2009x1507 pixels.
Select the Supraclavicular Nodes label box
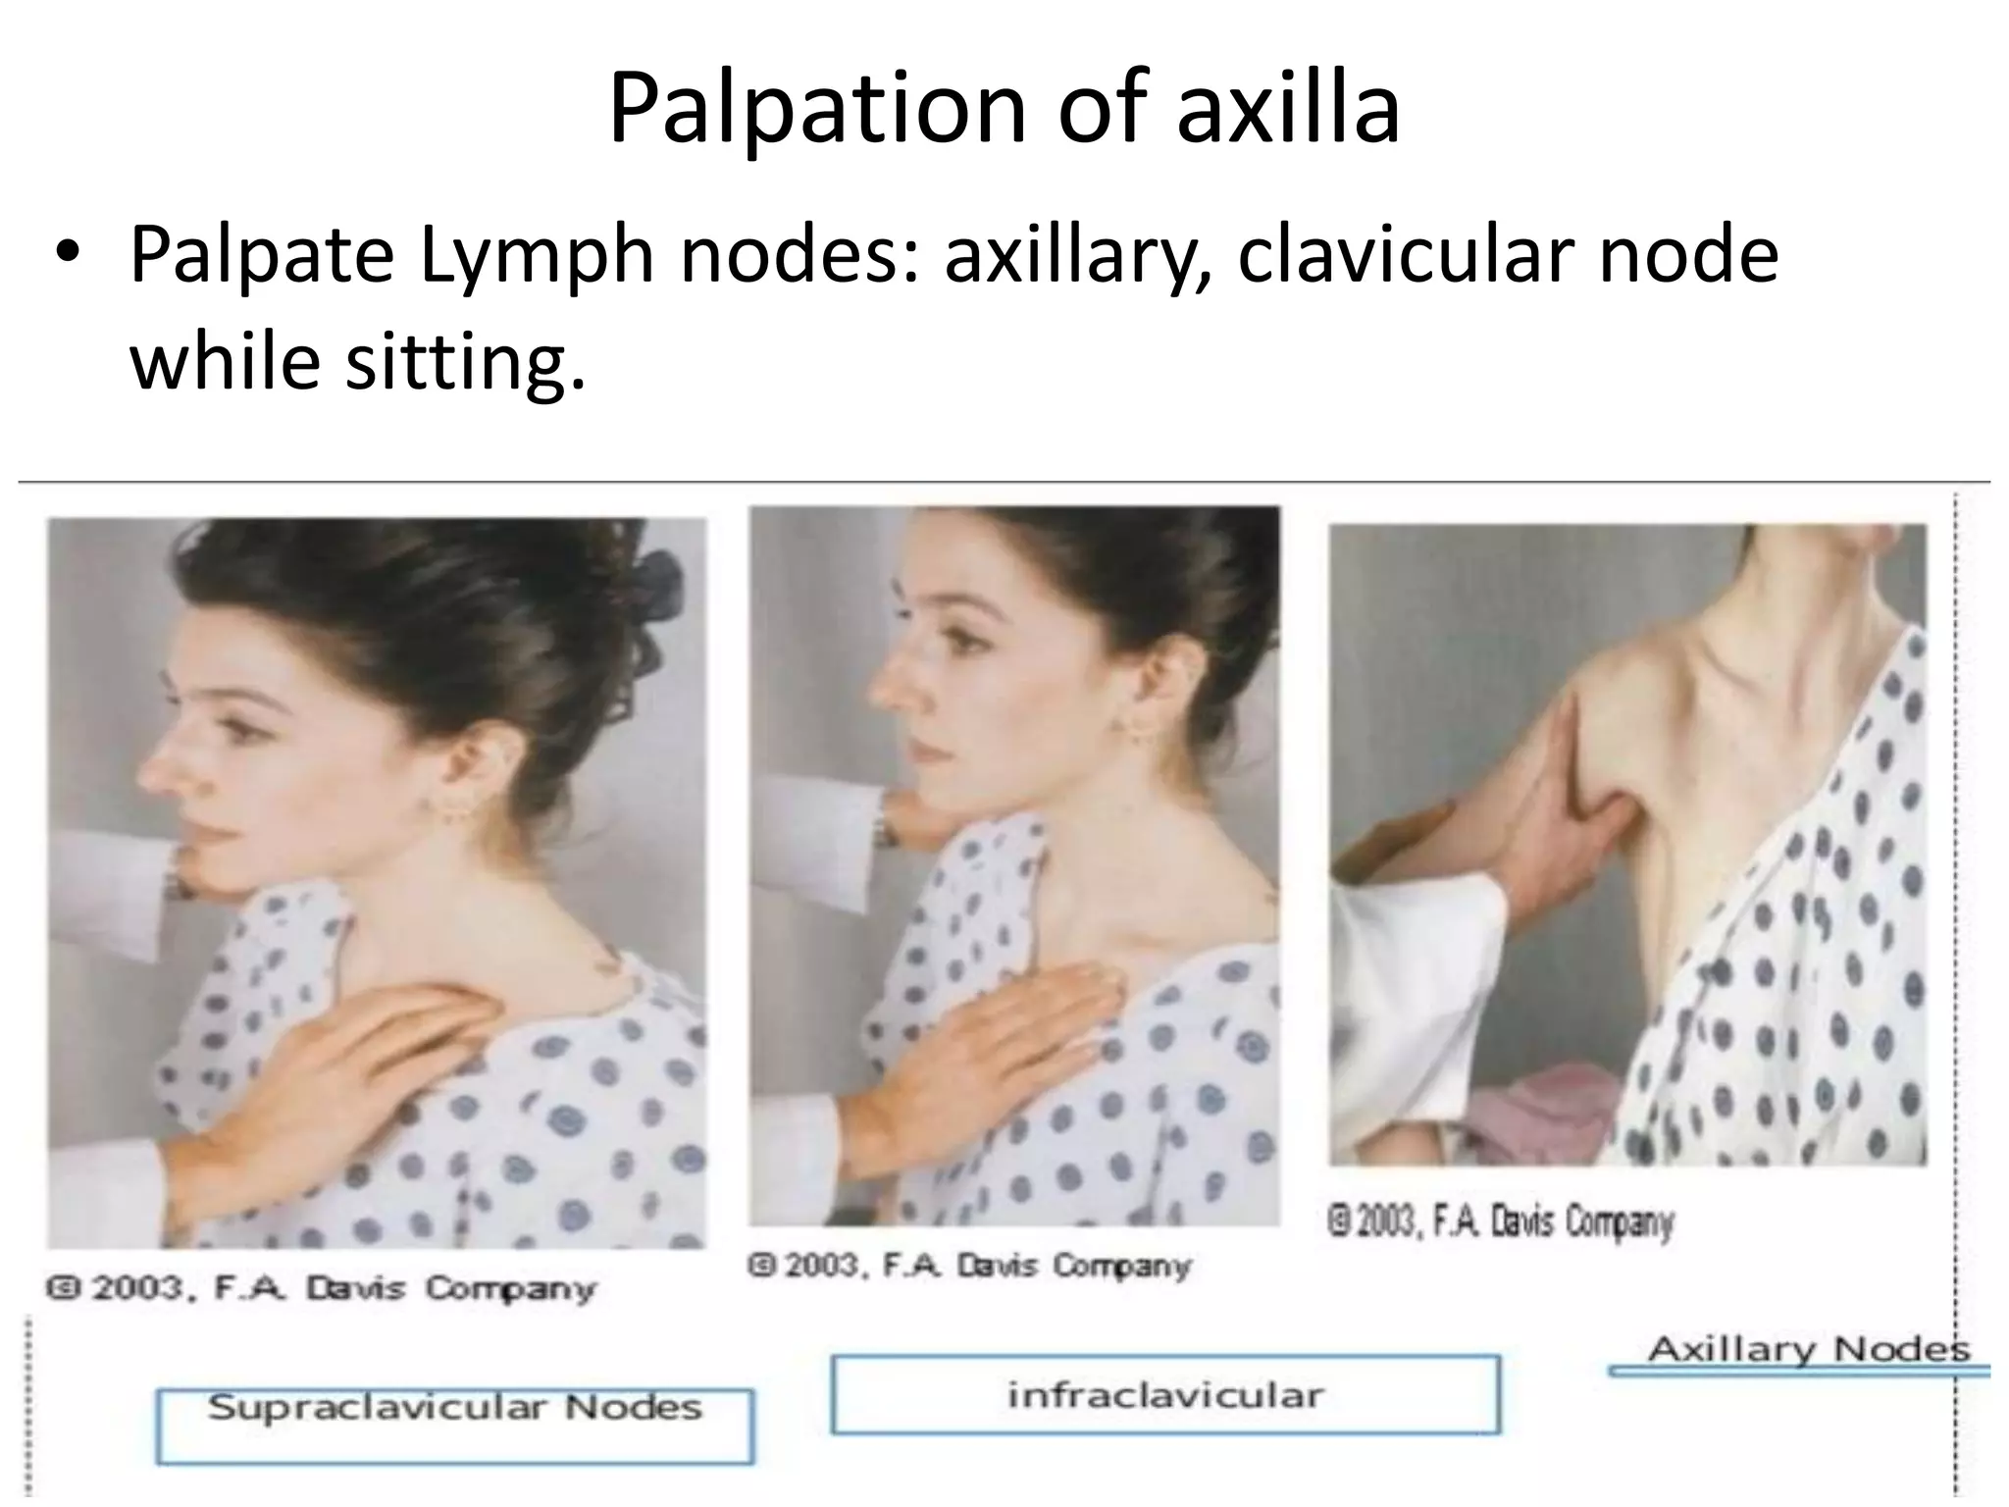pos(454,1425)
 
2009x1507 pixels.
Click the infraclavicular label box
pos(1164,1394)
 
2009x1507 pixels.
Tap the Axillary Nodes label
pos(1808,1349)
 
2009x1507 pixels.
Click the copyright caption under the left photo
pos(320,1287)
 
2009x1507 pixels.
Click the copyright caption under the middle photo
pos(969,1265)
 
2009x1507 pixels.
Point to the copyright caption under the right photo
pos(1501,1222)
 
